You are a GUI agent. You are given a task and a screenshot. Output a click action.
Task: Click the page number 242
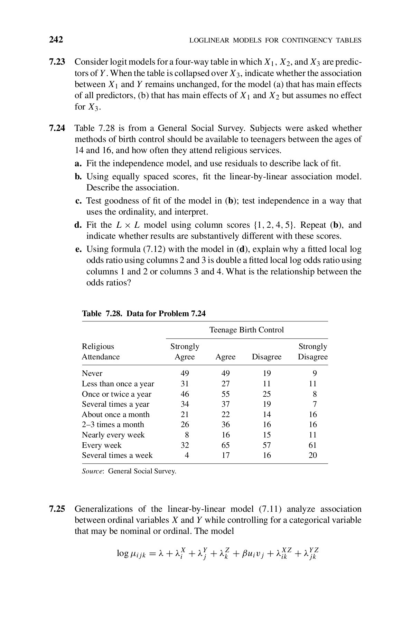(x=56, y=40)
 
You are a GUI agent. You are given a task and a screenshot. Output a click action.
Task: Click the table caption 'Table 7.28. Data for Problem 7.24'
(x=143, y=314)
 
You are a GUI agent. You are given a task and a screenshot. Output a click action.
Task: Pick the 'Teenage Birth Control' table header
(x=246, y=330)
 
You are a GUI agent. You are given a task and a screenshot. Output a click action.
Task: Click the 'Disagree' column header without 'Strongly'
(x=266, y=357)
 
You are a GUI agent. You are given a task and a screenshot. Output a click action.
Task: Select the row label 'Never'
(x=92, y=374)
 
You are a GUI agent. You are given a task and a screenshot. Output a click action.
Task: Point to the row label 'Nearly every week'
(x=113, y=435)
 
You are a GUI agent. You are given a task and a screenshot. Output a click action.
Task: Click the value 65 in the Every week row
(x=225, y=445)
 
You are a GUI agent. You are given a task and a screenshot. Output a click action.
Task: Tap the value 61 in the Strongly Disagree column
(x=312, y=445)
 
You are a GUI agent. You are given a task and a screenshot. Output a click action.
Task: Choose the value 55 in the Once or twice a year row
(x=225, y=394)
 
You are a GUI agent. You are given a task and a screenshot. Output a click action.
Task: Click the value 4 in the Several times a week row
(x=187, y=455)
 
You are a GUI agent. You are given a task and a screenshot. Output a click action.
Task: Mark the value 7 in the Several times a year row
(x=314, y=404)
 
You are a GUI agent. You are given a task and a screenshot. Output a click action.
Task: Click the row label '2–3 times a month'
(x=113, y=425)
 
